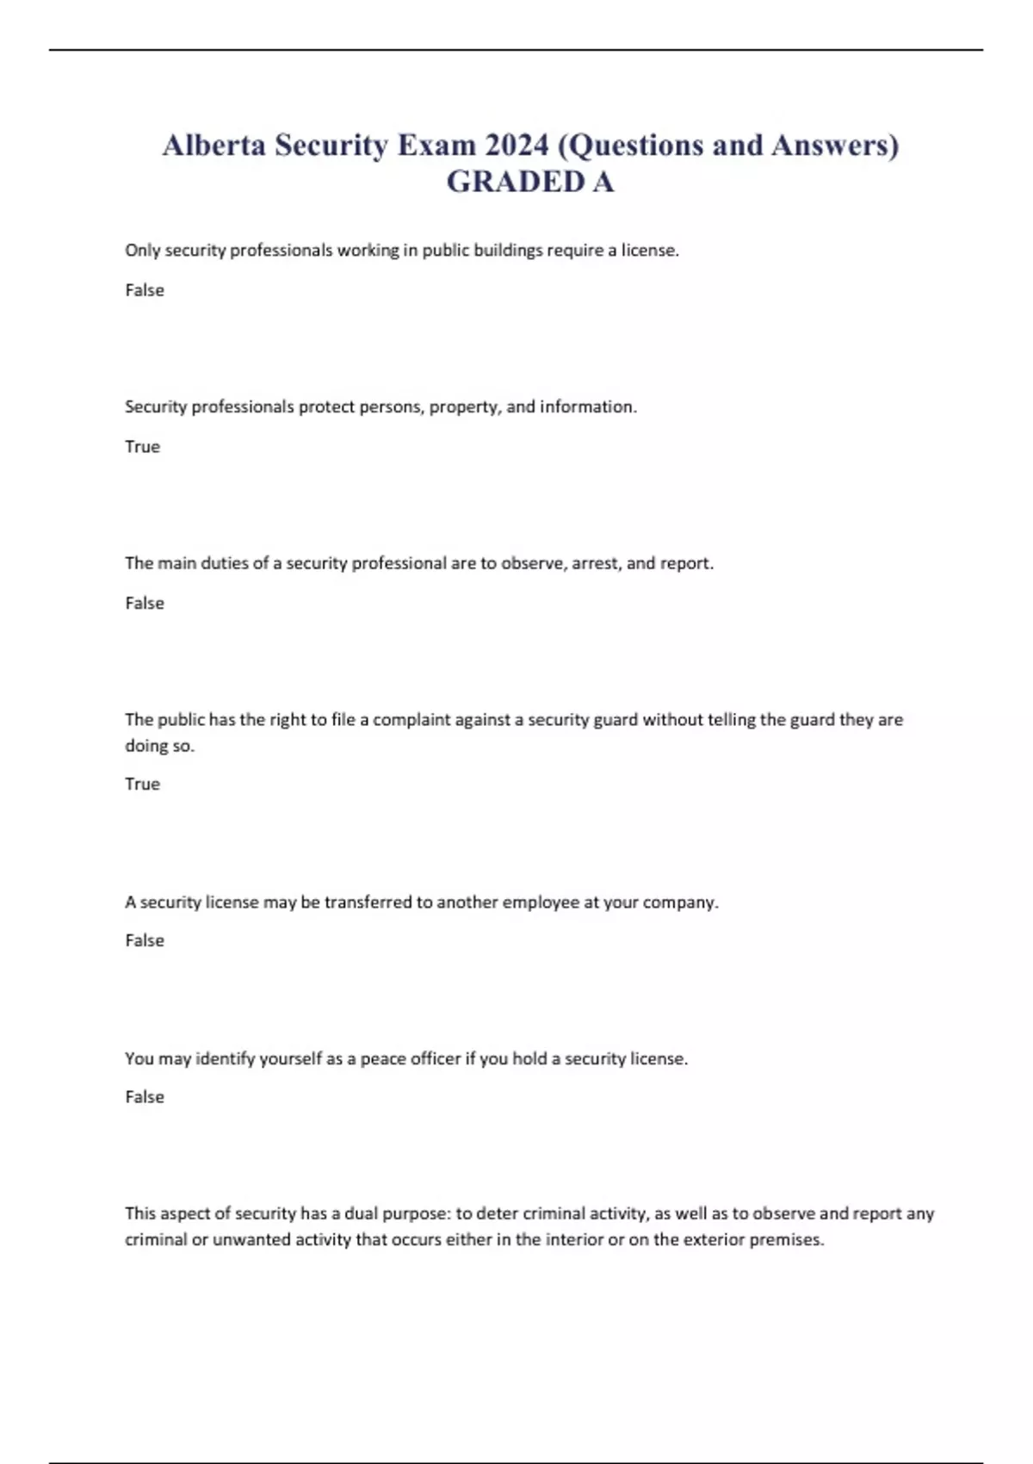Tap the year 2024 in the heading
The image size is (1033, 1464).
(x=516, y=145)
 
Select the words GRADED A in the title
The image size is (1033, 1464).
(x=530, y=182)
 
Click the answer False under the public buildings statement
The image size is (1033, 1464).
(x=145, y=290)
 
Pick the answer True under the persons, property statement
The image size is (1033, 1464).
(x=143, y=447)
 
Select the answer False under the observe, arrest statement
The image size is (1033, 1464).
(x=145, y=604)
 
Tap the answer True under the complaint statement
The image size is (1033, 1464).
(x=143, y=785)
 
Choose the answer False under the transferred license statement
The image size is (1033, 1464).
(x=145, y=940)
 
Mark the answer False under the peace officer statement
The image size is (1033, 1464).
(x=145, y=1097)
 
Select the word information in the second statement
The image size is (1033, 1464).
(x=587, y=407)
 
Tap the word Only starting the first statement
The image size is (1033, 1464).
(x=142, y=251)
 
